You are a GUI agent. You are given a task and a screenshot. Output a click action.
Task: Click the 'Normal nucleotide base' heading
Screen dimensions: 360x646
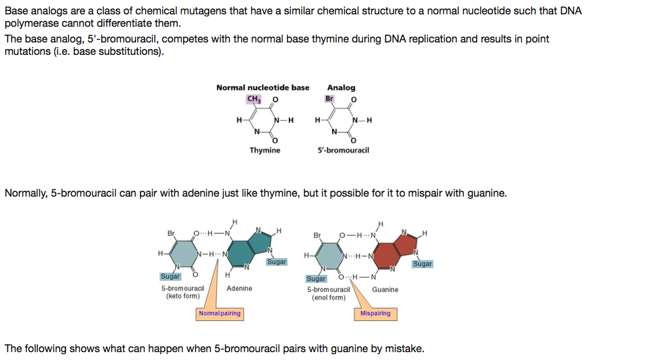pos(263,88)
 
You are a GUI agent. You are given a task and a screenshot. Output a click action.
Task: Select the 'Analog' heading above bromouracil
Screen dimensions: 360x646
pos(341,88)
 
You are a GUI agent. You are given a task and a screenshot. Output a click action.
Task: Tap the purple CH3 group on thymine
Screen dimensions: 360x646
pos(254,99)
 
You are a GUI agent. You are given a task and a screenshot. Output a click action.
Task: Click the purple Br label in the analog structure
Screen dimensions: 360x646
pos(330,99)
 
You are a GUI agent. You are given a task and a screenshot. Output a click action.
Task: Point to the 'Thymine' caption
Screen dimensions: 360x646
pos(265,150)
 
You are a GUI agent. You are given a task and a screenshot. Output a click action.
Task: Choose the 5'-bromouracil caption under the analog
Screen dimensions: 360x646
pos(343,150)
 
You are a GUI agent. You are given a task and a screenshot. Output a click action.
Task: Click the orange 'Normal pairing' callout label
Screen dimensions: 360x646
pos(220,314)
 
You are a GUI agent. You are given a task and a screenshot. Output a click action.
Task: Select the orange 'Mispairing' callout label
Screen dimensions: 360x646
pos(375,314)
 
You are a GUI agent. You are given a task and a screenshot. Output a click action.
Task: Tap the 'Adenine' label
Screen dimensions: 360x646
pos(239,288)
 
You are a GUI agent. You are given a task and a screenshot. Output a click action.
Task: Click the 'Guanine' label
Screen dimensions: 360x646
pos(385,289)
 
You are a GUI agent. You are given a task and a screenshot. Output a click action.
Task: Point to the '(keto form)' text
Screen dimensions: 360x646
pos(183,296)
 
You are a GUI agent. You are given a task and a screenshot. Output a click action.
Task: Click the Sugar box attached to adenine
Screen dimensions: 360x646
pos(277,261)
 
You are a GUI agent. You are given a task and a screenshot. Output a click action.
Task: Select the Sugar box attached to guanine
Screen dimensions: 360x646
pos(422,264)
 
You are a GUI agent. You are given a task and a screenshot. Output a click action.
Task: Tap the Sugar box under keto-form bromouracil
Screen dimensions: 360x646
pos(170,276)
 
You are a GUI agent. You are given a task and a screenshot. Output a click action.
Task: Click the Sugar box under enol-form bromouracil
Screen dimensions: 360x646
pos(316,278)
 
